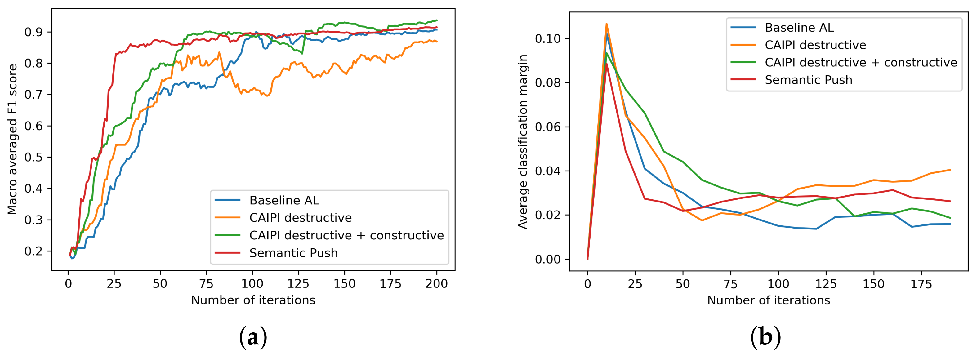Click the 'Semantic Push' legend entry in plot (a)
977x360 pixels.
tap(293, 253)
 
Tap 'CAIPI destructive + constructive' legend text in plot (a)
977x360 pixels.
tap(346, 236)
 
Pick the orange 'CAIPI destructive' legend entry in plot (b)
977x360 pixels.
tap(815, 45)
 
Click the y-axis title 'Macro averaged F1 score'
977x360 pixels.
tap(12, 139)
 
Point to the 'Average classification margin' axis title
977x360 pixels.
tap(523, 141)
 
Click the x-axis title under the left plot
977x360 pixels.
tap(253, 300)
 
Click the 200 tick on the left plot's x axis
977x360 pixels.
tap(436, 284)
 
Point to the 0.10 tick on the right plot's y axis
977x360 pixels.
tap(548, 39)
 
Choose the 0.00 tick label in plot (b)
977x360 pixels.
tap(548, 260)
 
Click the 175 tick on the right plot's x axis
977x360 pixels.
tap(921, 284)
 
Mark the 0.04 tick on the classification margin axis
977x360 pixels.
tap(548, 171)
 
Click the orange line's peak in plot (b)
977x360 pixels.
tap(606, 24)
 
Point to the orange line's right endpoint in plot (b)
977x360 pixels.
tap(950, 170)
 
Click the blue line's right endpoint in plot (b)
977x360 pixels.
tap(950, 224)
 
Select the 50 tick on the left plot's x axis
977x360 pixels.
tap(160, 284)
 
